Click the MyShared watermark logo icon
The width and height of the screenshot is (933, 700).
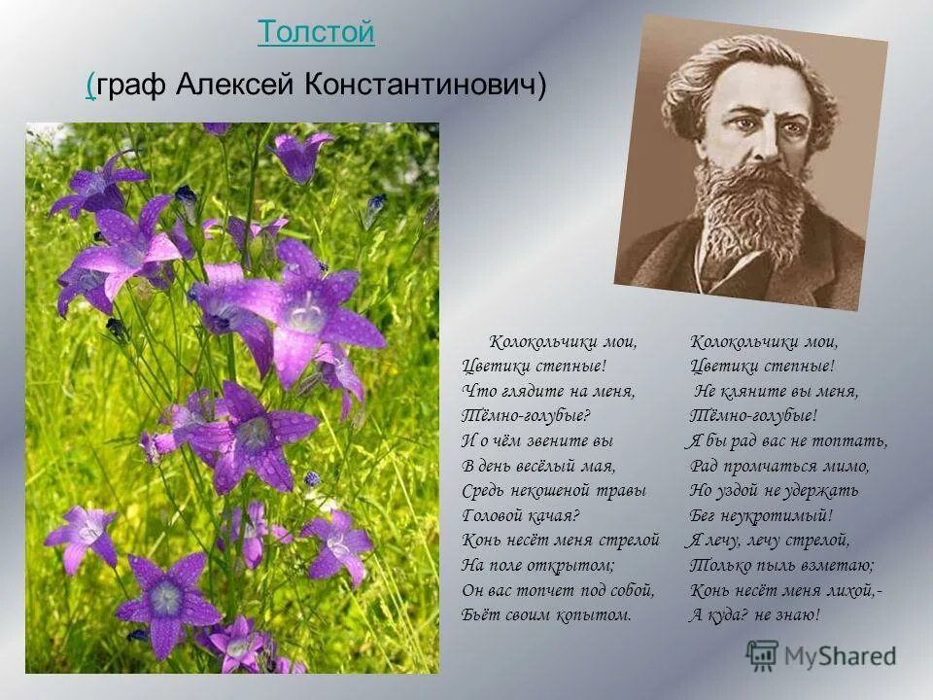(763, 655)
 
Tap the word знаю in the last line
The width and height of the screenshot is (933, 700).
(797, 614)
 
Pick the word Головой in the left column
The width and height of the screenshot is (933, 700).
(493, 515)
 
